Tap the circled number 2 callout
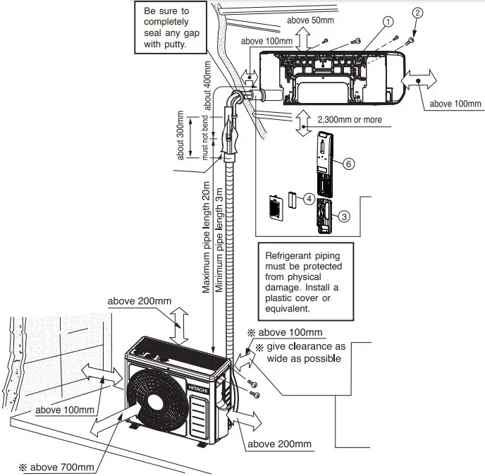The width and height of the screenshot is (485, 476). coord(417,11)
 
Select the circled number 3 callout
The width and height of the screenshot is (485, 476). coord(344,216)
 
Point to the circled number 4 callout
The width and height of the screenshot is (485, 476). coord(309,198)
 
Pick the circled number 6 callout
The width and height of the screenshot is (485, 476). coord(348,163)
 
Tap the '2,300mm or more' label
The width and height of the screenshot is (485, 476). coord(350,120)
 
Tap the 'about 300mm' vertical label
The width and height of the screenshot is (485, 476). coord(180,135)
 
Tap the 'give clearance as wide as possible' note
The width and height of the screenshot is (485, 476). coord(305,353)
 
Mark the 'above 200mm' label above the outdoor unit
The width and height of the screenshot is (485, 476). coord(140,301)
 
